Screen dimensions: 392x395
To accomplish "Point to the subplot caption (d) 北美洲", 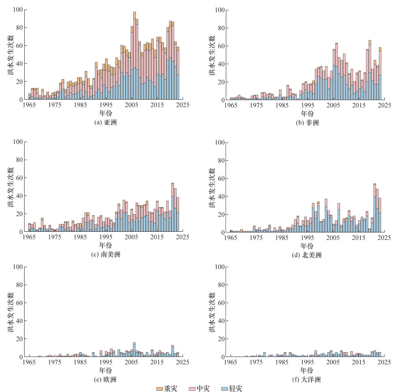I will pyautogui.click(x=307, y=255).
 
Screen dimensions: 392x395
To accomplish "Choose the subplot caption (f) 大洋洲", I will pyautogui.click(x=307, y=379).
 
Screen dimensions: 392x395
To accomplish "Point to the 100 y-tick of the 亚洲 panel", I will pyautogui.click(x=18, y=10).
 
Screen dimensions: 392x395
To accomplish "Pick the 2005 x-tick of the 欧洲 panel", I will pyautogui.click(x=132, y=362).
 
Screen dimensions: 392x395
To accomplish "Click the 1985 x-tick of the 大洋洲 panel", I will pyautogui.click(x=282, y=362).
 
